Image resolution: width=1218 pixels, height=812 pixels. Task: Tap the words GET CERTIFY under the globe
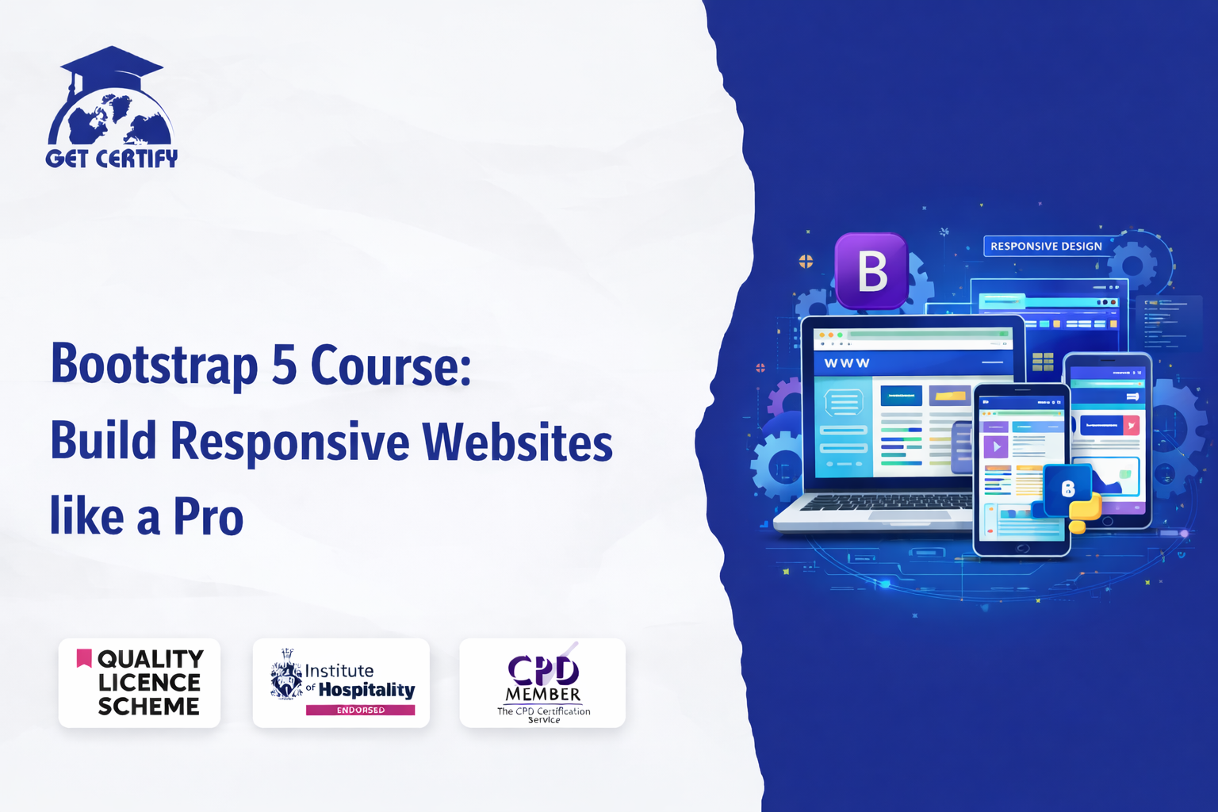point(112,159)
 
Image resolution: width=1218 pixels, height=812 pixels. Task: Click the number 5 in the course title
point(283,366)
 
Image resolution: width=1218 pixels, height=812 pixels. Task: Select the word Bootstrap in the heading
point(155,366)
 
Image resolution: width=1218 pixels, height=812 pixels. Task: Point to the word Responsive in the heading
point(289,442)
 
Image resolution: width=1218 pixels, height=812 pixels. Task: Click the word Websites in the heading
point(517,442)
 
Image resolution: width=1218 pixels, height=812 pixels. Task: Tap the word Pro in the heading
point(208,517)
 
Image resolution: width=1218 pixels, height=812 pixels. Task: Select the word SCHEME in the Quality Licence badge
point(149,707)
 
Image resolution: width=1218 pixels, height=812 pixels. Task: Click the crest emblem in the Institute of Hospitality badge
point(285,676)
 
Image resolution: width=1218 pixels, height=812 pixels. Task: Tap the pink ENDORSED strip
point(360,710)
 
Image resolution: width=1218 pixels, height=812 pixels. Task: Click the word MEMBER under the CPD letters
point(543,695)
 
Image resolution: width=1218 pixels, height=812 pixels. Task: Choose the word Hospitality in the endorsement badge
point(366,690)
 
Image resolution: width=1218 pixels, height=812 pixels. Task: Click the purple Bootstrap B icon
point(871,271)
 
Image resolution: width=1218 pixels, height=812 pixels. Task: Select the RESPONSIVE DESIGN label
point(1046,247)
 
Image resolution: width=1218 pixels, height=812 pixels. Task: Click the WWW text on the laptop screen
point(847,363)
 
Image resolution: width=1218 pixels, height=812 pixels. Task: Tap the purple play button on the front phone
point(996,447)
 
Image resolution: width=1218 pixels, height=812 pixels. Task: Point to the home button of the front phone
point(1022,548)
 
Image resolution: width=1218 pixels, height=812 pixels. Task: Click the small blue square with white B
point(1067,488)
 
